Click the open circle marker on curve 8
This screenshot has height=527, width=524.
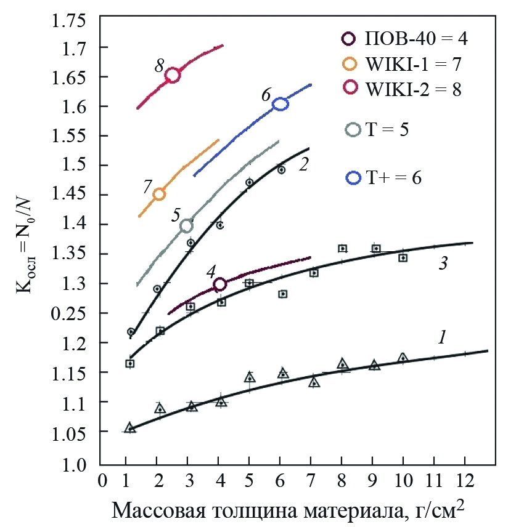(173, 75)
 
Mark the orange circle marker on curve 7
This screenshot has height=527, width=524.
(159, 194)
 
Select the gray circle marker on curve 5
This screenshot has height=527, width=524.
(186, 226)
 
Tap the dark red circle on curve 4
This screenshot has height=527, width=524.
(220, 284)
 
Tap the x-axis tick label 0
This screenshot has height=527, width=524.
(102, 480)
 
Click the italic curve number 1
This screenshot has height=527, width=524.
(441, 337)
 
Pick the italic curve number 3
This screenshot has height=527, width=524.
(443, 263)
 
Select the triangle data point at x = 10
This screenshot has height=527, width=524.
(403, 358)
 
